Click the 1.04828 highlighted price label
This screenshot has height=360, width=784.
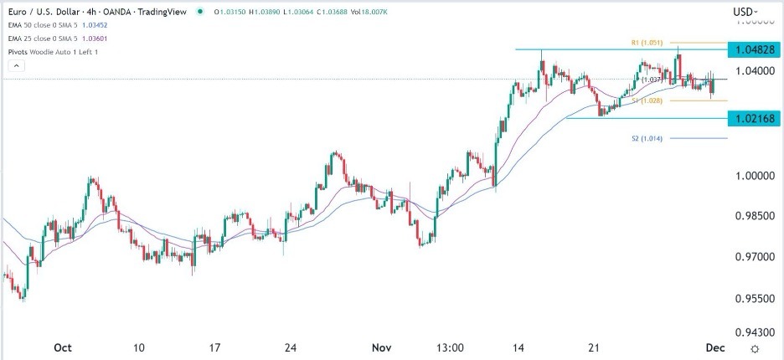click(x=756, y=50)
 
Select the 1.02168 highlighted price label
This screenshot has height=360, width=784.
click(x=756, y=119)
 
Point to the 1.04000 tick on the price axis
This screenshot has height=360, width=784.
click(x=756, y=71)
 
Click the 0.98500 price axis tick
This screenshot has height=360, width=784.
click(x=756, y=216)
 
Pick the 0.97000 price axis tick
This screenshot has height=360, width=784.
click(x=756, y=257)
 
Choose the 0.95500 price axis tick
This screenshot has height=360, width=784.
click(x=756, y=298)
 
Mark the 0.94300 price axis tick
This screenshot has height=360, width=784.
click(x=756, y=331)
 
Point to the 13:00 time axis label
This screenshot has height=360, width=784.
click(x=450, y=347)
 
